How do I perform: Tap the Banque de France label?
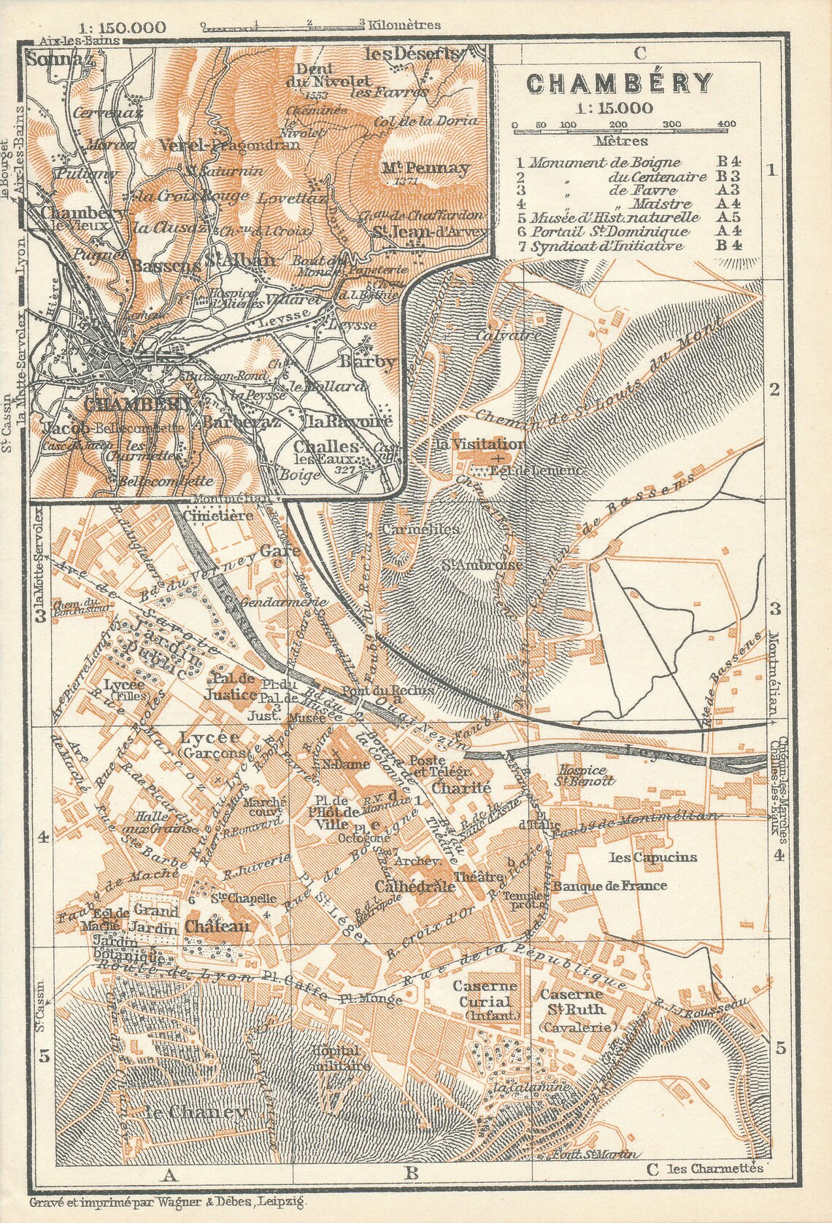click(600, 886)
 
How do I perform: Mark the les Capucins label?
click(643, 857)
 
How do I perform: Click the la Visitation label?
click(490, 444)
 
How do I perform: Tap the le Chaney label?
click(197, 1112)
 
